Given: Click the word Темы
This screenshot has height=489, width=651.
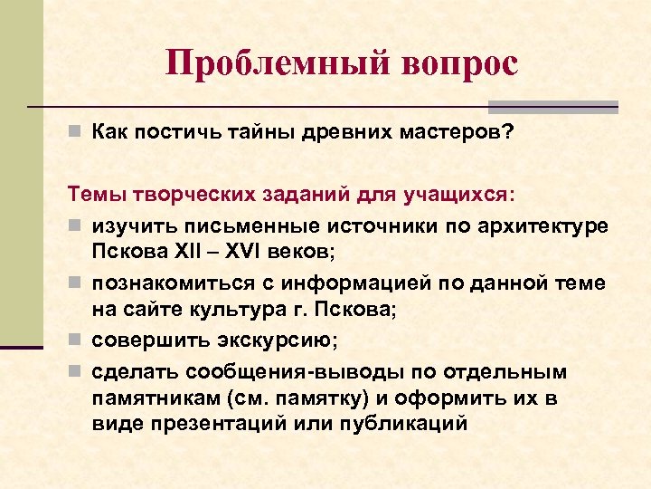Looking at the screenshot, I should pyautogui.click(x=93, y=195).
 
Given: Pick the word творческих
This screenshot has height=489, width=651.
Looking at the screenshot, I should pyautogui.click(x=178, y=195).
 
